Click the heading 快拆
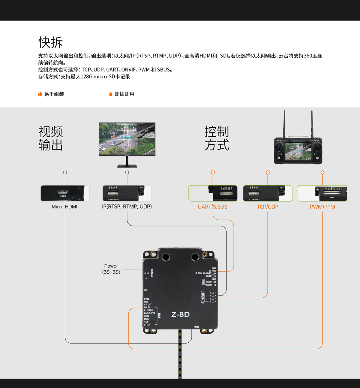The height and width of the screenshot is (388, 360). pyautogui.click(x=50, y=42)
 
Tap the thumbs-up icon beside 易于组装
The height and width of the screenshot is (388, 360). pyautogui.click(x=40, y=94)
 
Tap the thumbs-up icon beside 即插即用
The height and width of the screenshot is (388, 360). pyautogui.click(x=110, y=94)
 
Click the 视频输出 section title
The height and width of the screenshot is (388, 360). pyautogui.click(x=50, y=138)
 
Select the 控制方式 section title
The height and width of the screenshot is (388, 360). pyautogui.click(x=217, y=138)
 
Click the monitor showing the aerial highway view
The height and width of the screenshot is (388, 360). pyautogui.click(x=127, y=139)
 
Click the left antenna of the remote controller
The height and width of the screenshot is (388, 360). pyautogui.click(x=284, y=123)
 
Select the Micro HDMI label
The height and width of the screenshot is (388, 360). pyautogui.click(x=64, y=207)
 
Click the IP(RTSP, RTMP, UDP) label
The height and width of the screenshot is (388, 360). pyautogui.click(x=127, y=207)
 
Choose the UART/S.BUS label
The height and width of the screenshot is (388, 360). pyautogui.click(x=213, y=207)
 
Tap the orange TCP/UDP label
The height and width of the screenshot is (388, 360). pyautogui.click(x=268, y=207)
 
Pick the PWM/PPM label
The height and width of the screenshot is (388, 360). pyautogui.click(x=322, y=207)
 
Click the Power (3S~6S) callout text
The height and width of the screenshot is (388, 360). pyautogui.click(x=111, y=269)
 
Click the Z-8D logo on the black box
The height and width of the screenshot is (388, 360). pyautogui.click(x=180, y=314)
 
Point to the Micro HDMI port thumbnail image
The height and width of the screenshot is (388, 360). pyautogui.click(x=65, y=193)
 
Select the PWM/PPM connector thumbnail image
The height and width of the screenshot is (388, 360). pyautogui.click(x=322, y=193)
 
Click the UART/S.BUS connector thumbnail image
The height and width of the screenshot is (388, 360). pyautogui.click(x=213, y=193)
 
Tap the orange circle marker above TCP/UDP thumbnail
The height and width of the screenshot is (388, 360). pyautogui.click(x=268, y=172)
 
